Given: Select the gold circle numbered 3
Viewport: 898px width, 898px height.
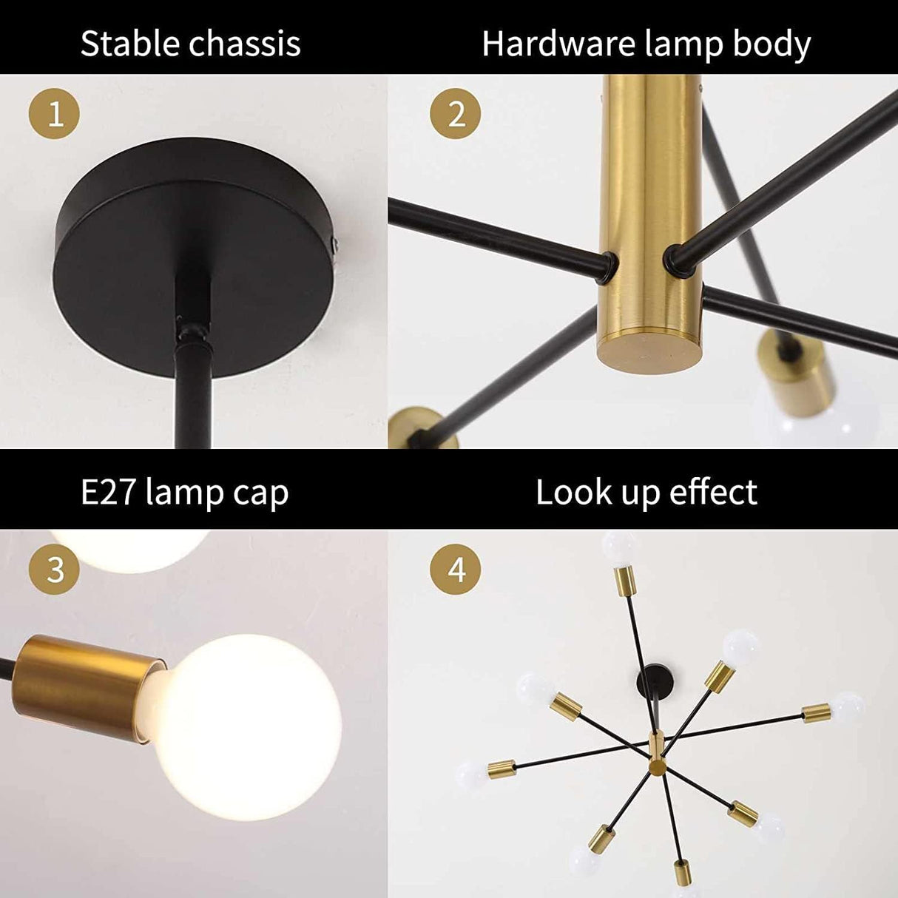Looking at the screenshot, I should click(x=54, y=570).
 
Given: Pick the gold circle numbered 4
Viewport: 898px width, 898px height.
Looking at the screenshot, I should click(x=456, y=570).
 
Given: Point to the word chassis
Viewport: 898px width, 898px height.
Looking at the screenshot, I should click(x=246, y=44).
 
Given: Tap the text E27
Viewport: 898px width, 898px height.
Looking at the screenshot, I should click(x=109, y=493).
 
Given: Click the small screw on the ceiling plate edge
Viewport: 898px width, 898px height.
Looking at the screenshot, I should click(x=337, y=243).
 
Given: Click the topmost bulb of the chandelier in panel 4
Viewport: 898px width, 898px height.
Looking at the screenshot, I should click(x=619, y=547).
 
